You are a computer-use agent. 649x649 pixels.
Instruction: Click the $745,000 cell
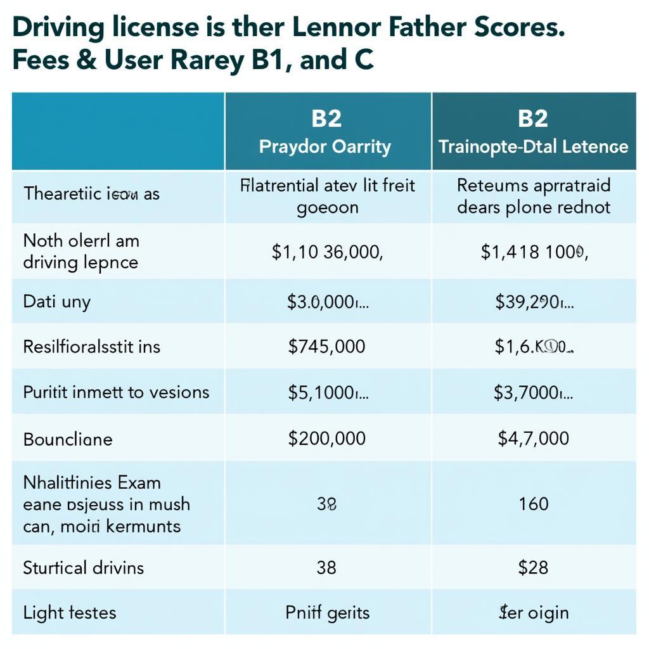click(x=326, y=346)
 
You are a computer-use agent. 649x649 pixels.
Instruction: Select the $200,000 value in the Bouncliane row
click(x=326, y=438)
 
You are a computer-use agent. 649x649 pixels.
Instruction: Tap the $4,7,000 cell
click(x=532, y=438)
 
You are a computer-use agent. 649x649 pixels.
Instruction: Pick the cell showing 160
click(x=532, y=504)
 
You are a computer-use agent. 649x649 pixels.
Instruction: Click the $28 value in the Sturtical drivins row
click(x=532, y=567)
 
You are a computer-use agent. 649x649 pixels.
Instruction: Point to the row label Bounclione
click(x=68, y=439)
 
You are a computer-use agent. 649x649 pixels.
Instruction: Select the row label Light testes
click(x=70, y=612)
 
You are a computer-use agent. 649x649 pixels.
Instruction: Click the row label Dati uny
click(x=57, y=301)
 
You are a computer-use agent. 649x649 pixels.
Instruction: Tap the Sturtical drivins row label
click(x=83, y=567)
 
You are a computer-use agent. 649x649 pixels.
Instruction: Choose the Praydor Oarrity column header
click(x=327, y=146)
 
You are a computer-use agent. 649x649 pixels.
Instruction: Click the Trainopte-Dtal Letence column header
click(x=533, y=146)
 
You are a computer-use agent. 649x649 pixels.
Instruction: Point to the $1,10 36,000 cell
click(x=327, y=252)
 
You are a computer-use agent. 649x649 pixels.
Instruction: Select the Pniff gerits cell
click(x=327, y=612)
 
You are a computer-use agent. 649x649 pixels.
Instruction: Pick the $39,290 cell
click(x=534, y=301)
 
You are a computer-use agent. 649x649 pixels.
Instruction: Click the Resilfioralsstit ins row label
click(x=92, y=347)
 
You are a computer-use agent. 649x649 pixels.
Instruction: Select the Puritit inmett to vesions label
click(x=116, y=392)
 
